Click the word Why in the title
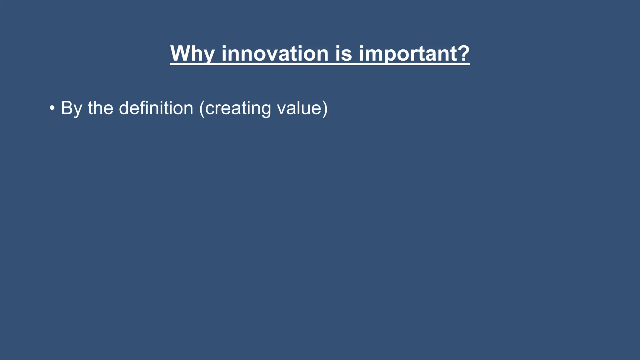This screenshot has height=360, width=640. point(192,54)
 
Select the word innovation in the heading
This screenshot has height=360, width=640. point(275,54)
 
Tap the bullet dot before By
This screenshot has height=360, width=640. point(52,108)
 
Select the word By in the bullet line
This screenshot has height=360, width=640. point(72,108)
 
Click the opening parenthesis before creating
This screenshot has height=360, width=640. point(202,108)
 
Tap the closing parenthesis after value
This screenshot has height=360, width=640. point(325,108)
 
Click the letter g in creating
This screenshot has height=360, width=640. point(265,110)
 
